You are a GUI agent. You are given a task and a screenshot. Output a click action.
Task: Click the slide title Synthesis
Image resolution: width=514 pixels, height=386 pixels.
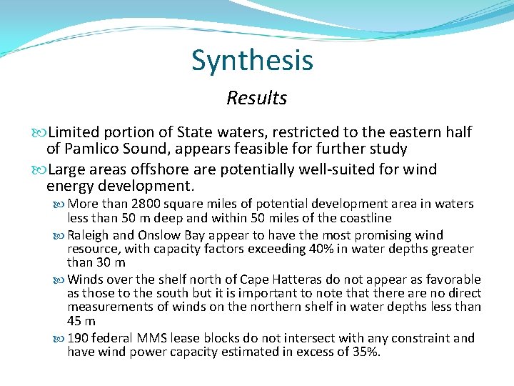[x=252, y=61]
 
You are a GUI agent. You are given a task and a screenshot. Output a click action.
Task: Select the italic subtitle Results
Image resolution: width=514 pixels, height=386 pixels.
[x=256, y=98]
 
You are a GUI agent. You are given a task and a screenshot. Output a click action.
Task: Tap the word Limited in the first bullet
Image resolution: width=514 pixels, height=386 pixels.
[x=76, y=132]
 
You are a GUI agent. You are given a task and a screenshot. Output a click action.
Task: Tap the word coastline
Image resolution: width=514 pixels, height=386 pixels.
[x=364, y=218]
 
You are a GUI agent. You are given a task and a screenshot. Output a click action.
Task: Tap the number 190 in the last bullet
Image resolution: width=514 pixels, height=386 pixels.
[x=78, y=338]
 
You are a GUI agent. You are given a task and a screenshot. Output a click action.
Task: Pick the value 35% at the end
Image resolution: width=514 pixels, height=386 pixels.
[x=368, y=352]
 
